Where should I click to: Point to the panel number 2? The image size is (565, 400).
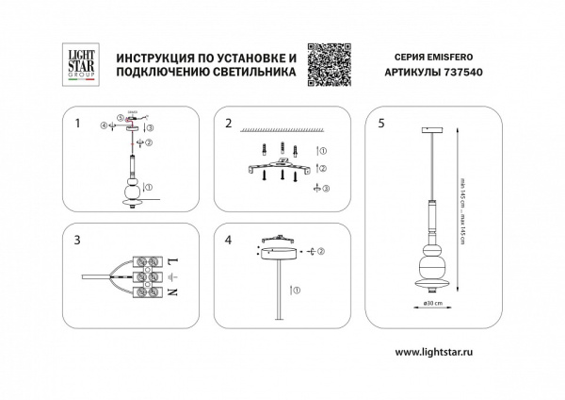[228, 123]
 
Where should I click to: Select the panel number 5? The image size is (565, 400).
[380, 123]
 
